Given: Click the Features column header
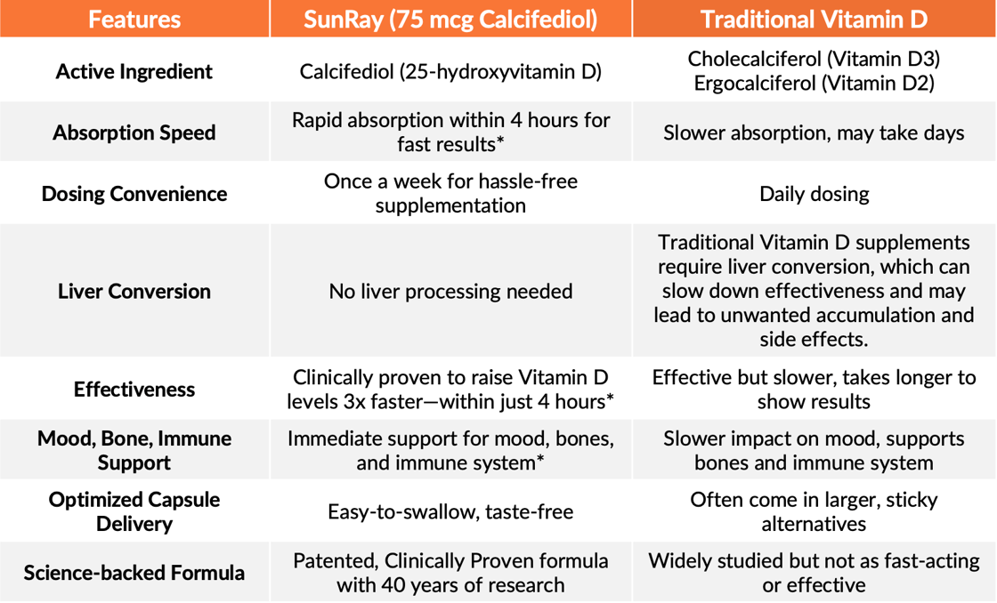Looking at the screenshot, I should pyautogui.click(x=134, y=20).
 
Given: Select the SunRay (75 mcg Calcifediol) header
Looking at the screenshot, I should pyautogui.click(x=450, y=20).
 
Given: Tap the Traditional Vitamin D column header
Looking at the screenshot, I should pyautogui.click(x=814, y=20).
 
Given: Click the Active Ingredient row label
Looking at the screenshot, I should pyautogui.click(x=134, y=71).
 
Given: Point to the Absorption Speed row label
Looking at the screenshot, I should pyautogui.click(x=134, y=133).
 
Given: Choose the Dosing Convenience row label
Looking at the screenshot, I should pyautogui.click(x=134, y=194).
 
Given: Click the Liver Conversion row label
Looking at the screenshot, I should pyautogui.click(x=134, y=291).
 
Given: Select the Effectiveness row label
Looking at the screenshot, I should pyautogui.click(x=134, y=389).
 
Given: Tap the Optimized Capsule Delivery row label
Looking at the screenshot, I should pyautogui.click(x=134, y=511).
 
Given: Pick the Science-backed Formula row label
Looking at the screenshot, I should pyautogui.click(x=134, y=573).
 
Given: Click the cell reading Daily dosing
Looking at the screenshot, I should pyautogui.click(x=814, y=194).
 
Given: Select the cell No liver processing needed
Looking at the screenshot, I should pyautogui.click(x=450, y=291).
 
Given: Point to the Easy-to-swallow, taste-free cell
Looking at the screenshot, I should pyautogui.click(x=450, y=511).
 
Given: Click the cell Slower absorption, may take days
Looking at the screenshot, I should pyautogui.click(x=814, y=133).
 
